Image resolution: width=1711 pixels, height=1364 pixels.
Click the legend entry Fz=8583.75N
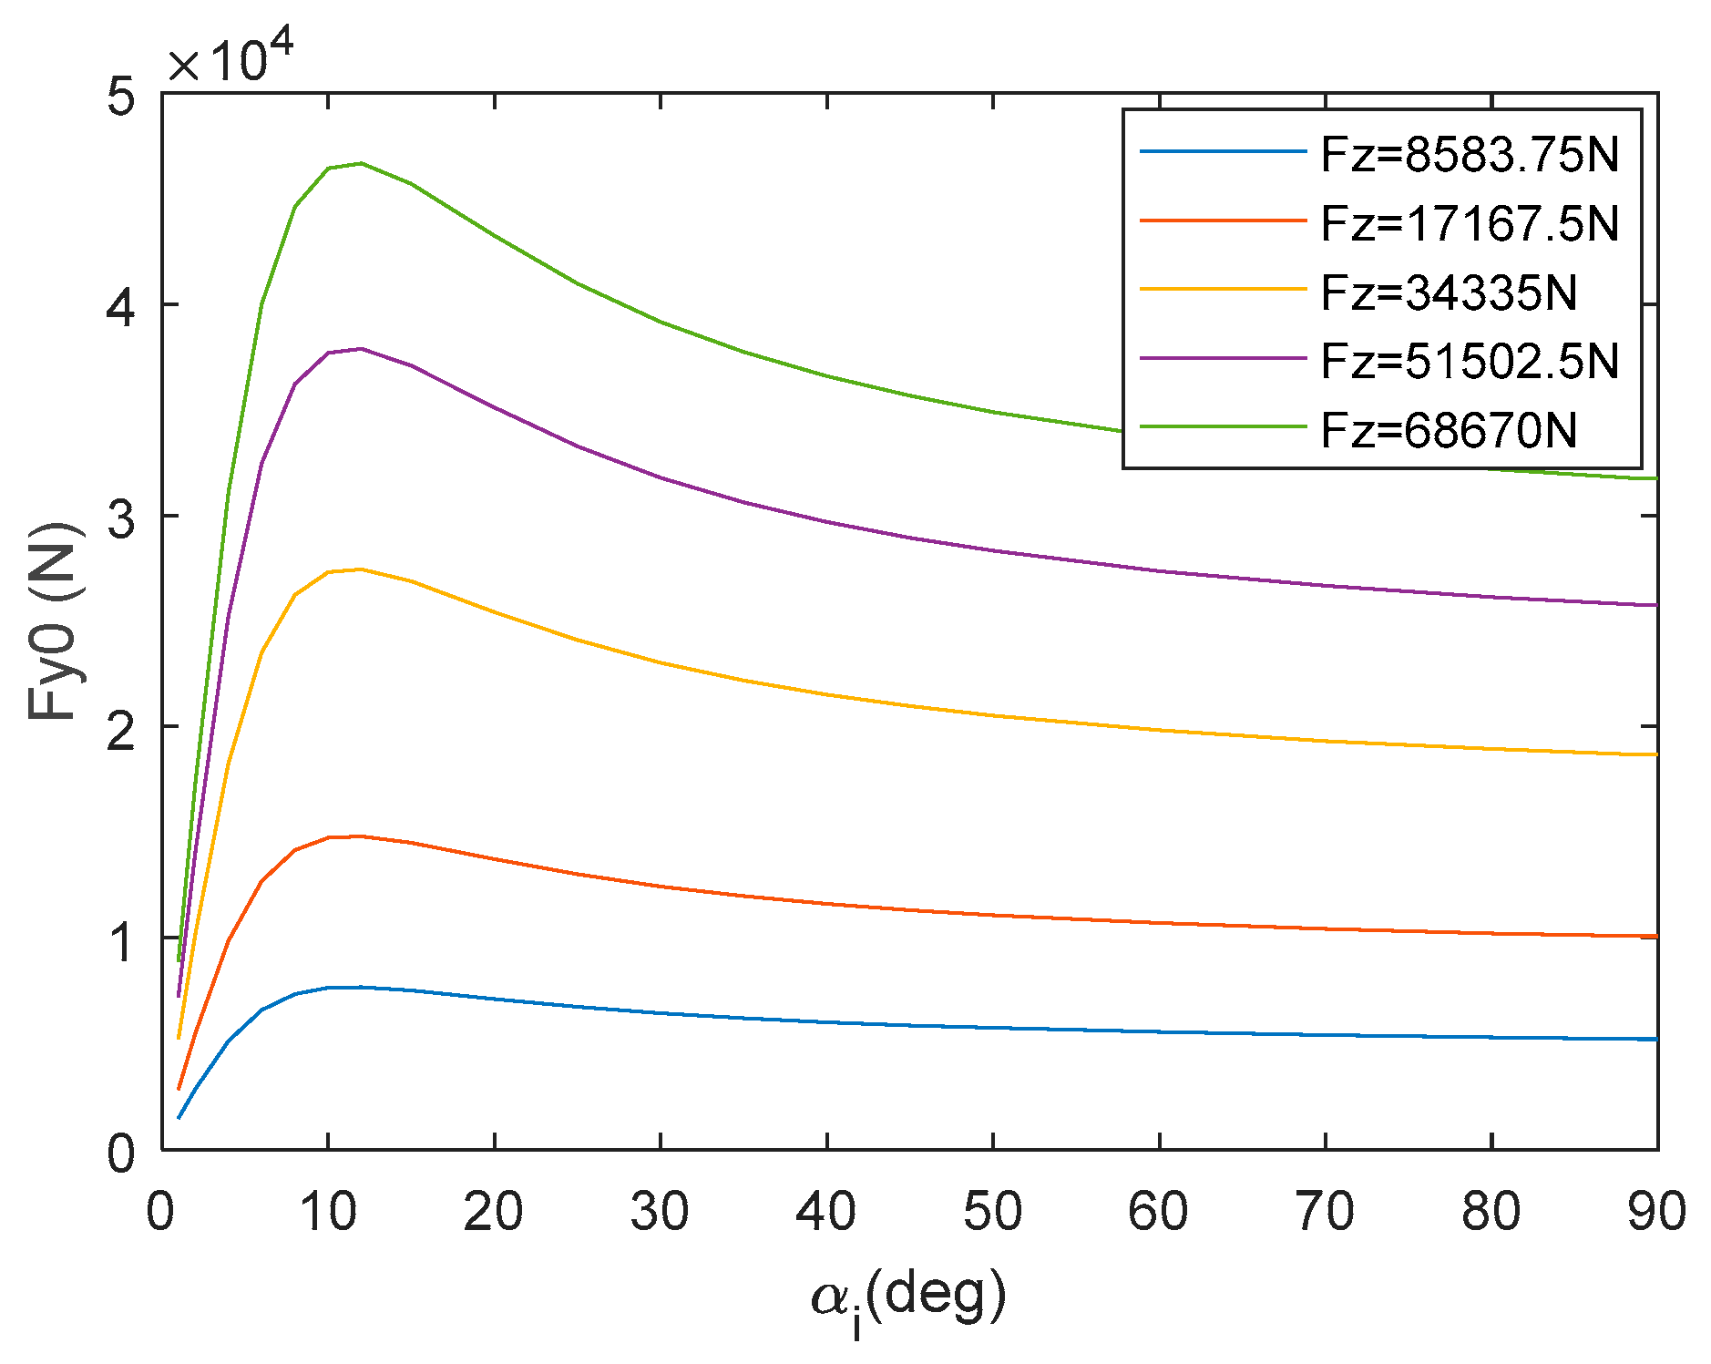[x=1469, y=155]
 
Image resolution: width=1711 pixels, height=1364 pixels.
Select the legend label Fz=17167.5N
[x=1469, y=223]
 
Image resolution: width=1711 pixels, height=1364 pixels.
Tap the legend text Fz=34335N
[x=1449, y=292]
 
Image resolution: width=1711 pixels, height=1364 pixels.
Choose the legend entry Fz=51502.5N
[x=1469, y=362]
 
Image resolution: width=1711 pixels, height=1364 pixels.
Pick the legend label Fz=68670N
[x=1449, y=430]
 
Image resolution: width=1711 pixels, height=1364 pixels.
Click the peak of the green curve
[x=362, y=163]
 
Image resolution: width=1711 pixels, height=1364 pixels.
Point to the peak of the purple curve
[x=362, y=348]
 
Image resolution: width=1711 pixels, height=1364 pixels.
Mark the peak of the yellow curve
[x=362, y=569]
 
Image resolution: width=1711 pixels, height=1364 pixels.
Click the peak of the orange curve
[x=362, y=836]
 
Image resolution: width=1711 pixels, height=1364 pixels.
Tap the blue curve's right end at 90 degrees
[x=1655, y=1039]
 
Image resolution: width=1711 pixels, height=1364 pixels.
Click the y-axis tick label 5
[x=121, y=95]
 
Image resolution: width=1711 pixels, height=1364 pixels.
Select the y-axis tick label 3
[x=121, y=518]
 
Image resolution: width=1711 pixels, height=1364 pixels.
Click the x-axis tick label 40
[x=826, y=1212]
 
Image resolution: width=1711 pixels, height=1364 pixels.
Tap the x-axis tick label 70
[x=1325, y=1212]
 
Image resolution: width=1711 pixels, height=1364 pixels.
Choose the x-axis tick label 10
[x=328, y=1212]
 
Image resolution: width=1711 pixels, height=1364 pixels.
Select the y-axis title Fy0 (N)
[x=55, y=621]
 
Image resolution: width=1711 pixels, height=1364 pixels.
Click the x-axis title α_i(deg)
[x=908, y=1299]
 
